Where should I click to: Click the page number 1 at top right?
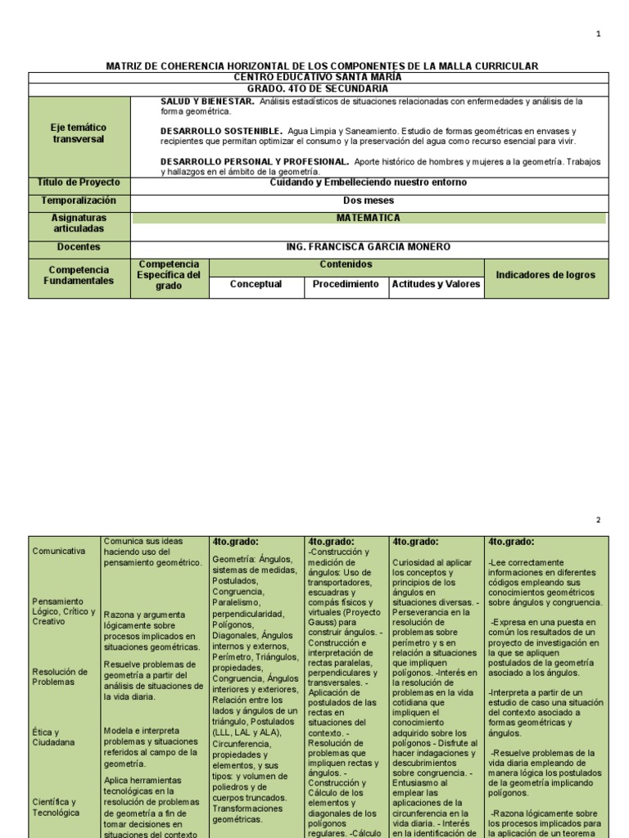[598, 34]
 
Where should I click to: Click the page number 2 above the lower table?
[598, 520]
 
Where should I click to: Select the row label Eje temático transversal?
[79, 133]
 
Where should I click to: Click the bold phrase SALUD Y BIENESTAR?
[208, 101]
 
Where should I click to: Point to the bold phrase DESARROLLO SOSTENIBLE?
[222, 131]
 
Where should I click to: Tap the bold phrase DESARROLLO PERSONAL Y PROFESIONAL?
[256, 162]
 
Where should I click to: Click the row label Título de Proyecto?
[79, 182]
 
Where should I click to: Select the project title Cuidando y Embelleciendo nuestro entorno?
[368, 182]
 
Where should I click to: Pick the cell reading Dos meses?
[368, 200]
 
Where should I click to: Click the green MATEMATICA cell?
[368, 219]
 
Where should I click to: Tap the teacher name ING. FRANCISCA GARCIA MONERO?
[368, 247]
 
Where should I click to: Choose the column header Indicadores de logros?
[546, 275]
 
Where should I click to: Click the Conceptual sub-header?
[256, 284]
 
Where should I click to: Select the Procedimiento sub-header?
[346, 284]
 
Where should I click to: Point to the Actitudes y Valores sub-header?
[437, 284]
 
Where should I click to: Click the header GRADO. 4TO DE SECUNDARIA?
[318, 88]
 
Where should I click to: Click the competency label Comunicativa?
[58, 551]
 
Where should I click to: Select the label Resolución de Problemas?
[60, 677]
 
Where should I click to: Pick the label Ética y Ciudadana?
[54, 737]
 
